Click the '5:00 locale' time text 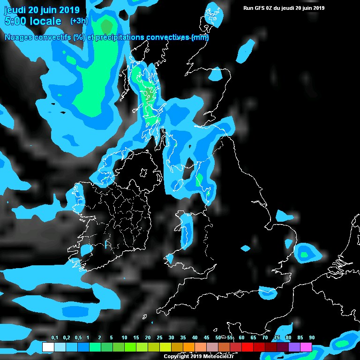(x=33, y=21)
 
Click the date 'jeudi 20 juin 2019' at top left (x=42, y=10)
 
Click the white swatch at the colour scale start (x=48, y=347)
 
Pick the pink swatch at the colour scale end (x=306, y=347)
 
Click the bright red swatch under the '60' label (x=247, y=347)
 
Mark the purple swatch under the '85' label (x=294, y=347)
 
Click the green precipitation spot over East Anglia (x=304, y=255)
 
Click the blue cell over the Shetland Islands (x=213, y=12)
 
